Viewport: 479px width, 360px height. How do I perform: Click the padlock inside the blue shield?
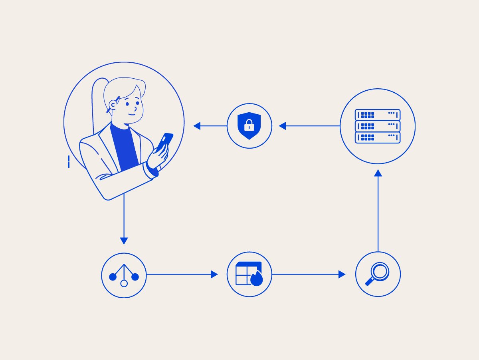(x=249, y=127)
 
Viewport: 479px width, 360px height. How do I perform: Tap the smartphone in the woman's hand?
(x=164, y=141)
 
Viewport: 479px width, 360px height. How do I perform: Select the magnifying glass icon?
(x=378, y=274)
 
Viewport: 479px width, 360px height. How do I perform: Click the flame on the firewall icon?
(x=257, y=279)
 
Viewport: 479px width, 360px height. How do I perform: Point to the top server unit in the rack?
(x=378, y=115)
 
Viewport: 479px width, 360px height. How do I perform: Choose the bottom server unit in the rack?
(x=378, y=137)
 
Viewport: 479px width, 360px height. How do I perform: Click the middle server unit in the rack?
(x=378, y=126)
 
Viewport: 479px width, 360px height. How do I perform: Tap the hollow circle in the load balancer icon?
(x=124, y=283)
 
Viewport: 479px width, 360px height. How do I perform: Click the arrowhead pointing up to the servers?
(x=378, y=173)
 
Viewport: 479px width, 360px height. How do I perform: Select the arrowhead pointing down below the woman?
(x=124, y=241)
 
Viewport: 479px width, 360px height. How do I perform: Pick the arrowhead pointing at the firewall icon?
(x=214, y=274)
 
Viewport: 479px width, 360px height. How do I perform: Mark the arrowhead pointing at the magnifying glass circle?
(x=342, y=274)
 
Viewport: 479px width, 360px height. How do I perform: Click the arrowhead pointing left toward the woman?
(x=197, y=126)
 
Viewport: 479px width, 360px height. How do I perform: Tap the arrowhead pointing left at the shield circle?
(x=282, y=126)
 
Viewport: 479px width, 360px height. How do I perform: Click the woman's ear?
(x=113, y=105)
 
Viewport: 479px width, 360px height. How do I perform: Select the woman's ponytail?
(x=98, y=104)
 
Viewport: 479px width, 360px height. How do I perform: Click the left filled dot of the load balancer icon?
(x=113, y=276)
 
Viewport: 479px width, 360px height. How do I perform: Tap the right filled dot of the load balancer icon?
(x=135, y=276)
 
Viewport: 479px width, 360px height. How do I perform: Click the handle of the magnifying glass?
(x=370, y=282)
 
